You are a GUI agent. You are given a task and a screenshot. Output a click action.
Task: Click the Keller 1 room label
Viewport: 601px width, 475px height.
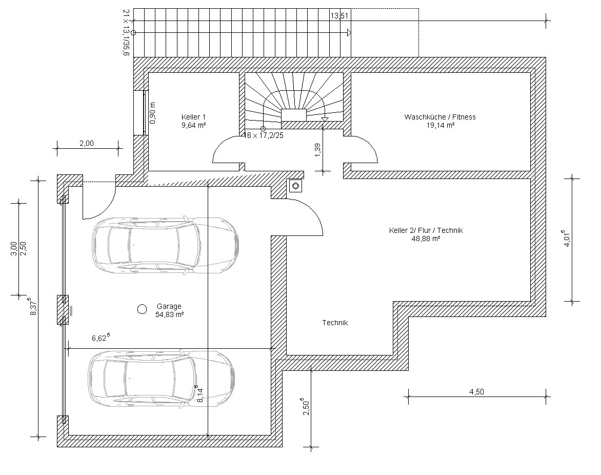click(x=193, y=117)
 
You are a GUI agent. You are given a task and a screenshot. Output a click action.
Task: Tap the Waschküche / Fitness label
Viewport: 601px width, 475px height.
click(x=440, y=117)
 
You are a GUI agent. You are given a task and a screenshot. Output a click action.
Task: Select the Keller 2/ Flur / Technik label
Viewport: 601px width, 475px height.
click(x=426, y=230)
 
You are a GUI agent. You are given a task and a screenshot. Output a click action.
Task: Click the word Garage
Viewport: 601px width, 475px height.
click(x=169, y=306)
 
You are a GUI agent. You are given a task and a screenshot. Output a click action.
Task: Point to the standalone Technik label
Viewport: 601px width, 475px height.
click(x=335, y=323)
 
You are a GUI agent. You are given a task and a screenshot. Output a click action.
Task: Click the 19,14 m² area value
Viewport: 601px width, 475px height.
click(x=440, y=125)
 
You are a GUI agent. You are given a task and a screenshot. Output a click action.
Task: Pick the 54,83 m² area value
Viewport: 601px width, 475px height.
click(x=169, y=315)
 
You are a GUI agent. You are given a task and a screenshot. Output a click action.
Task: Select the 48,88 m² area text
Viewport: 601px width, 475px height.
click(x=426, y=239)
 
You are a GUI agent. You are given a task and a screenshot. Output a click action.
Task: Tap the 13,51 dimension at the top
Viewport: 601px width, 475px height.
click(x=339, y=16)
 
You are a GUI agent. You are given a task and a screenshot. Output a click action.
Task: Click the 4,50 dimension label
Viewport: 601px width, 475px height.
click(x=476, y=392)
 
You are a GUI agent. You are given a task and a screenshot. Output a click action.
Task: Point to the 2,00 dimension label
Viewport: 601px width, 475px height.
click(x=87, y=144)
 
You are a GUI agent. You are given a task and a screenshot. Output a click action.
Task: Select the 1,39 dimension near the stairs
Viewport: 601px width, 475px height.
click(x=317, y=150)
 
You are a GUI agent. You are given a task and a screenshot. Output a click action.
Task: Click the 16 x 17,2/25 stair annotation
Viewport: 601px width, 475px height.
click(x=265, y=135)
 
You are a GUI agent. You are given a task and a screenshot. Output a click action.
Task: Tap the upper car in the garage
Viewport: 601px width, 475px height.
click(x=166, y=245)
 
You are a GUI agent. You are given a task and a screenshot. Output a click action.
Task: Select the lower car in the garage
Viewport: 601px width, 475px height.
click(x=162, y=378)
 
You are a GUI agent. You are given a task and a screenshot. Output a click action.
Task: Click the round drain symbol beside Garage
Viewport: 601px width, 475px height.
click(x=142, y=309)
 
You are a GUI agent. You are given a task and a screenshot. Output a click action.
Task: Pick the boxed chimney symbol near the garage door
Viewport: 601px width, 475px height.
click(x=295, y=186)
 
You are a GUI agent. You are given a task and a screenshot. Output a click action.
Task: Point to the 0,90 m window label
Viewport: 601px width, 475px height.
click(x=152, y=113)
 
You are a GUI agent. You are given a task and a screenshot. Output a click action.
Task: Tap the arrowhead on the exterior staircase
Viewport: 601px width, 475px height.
click(x=349, y=33)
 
